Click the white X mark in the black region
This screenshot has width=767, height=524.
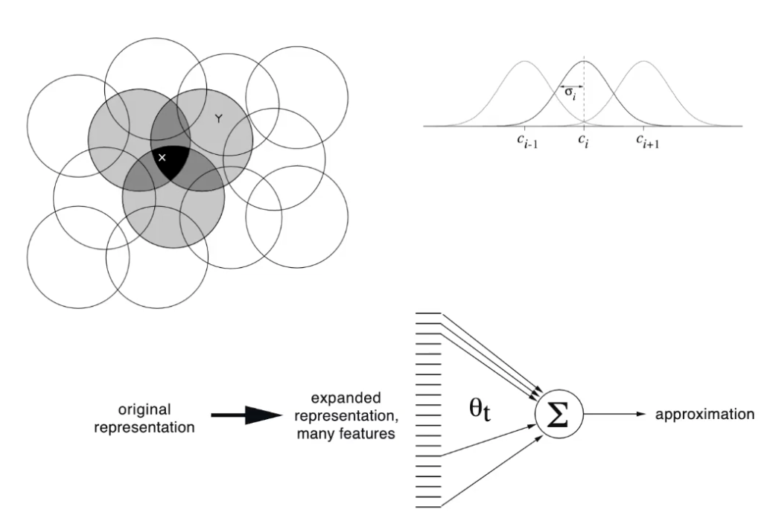pos(162,157)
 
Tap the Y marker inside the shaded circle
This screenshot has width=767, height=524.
pos(218,118)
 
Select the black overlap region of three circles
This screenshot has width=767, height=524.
pos(171,164)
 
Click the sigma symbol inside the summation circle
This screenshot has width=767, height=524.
pos(558,415)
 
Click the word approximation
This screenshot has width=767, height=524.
pos(704,415)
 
